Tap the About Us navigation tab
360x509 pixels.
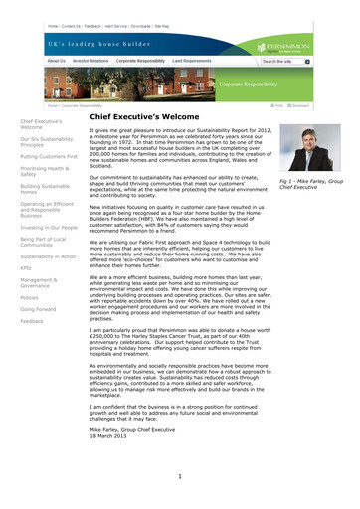57,61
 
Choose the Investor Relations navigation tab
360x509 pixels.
94,61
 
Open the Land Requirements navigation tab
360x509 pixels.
199,61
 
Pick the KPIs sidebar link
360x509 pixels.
25,268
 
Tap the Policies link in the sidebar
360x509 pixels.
29,297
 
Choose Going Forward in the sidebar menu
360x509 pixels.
38,309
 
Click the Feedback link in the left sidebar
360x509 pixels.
31,322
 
